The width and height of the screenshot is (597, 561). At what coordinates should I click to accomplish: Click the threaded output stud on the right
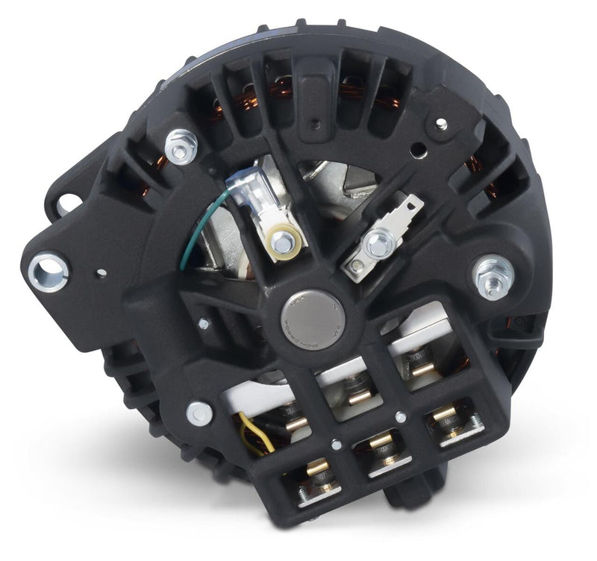click(493, 274)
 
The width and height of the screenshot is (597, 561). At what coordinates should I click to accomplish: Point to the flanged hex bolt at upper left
click(179, 146)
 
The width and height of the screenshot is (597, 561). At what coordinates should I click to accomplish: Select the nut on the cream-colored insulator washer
click(283, 241)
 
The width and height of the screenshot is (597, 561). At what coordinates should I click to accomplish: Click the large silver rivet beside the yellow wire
click(199, 413)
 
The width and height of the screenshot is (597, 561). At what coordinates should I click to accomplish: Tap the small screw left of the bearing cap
click(204, 324)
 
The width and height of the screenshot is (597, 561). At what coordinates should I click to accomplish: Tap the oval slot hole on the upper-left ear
click(69, 201)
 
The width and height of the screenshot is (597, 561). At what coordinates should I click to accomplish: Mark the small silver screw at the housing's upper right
click(442, 123)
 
